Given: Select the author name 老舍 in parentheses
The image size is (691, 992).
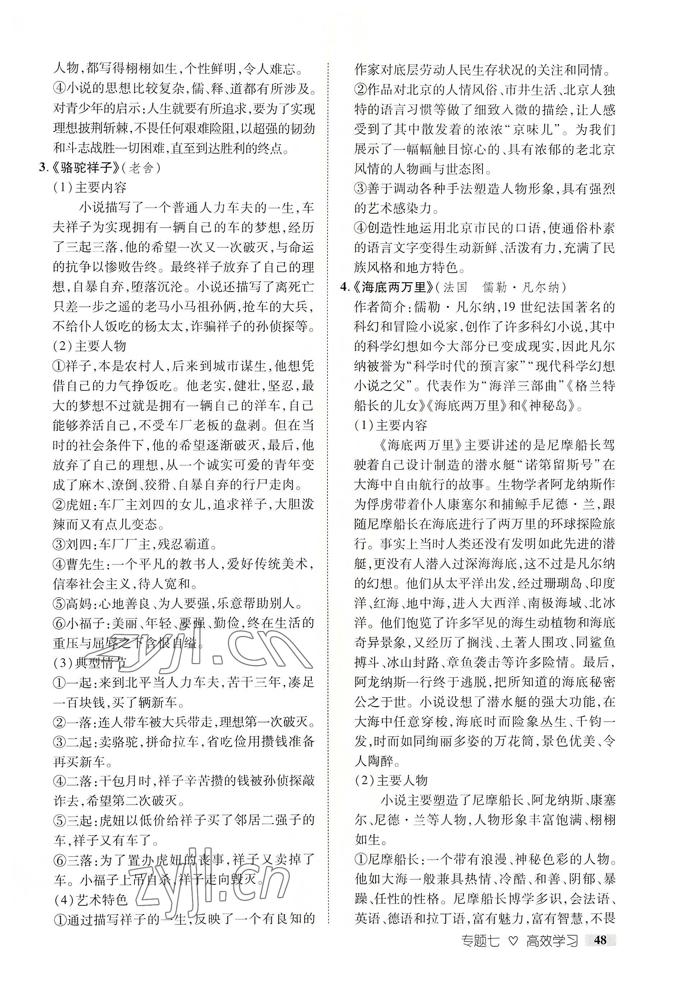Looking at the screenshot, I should [x=141, y=168].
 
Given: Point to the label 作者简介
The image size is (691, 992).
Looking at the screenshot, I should [x=379, y=307].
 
